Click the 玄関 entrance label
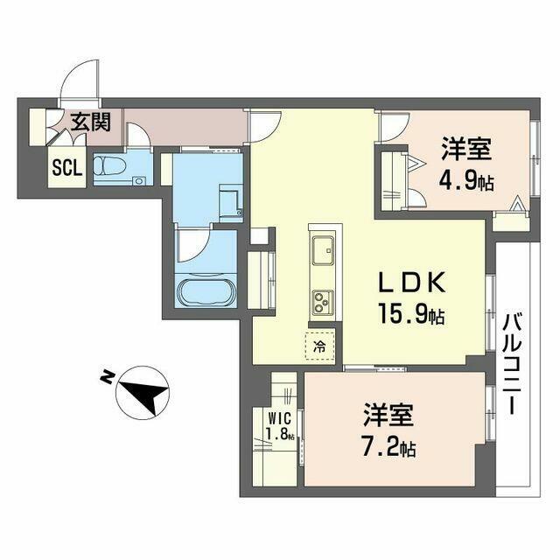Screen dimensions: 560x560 pos(91,122)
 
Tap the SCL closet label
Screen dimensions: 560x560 pos(67,167)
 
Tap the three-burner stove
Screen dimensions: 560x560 pos(323,303)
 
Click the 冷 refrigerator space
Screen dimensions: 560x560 pos(320,346)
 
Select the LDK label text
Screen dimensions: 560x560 pos(412,283)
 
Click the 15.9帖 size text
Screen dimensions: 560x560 pos(411,313)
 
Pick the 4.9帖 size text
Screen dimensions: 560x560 pos(466,182)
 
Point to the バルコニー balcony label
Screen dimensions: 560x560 pos(513,363)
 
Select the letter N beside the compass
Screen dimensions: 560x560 pos(106,375)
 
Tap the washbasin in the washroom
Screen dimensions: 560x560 pos(230,202)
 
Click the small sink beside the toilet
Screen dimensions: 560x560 pos(139,181)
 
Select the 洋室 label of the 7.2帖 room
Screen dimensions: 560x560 pos(388,416)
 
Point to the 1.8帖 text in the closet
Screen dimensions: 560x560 pos(281,434)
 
